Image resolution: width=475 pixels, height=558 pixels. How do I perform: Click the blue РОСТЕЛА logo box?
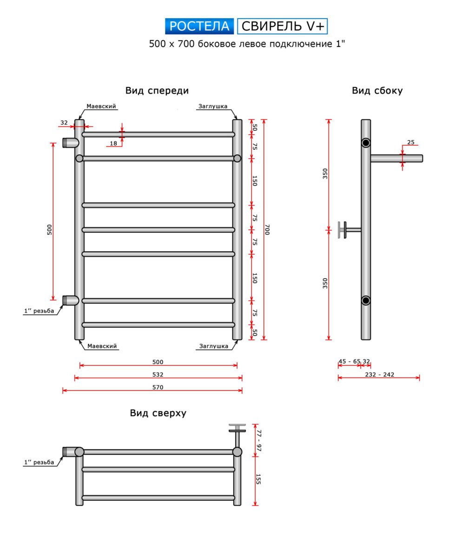point(199,27)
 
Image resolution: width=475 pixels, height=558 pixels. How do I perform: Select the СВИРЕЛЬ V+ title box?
point(283,27)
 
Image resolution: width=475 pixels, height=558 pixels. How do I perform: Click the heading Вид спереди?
point(157,91)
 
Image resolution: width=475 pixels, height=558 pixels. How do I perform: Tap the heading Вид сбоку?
point(377,91)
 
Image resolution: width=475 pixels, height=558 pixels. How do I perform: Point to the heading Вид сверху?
point(158,413)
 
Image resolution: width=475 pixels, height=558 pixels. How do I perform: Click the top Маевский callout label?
point(101,106)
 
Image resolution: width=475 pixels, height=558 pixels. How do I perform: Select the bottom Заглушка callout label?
point(213,346)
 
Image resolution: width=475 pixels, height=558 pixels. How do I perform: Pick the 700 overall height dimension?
point(267,230)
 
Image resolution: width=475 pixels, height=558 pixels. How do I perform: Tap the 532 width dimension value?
point(158,374)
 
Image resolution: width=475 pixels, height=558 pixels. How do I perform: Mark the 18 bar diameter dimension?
point(113,143)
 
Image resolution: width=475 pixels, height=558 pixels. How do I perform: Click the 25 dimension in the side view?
point(410,142)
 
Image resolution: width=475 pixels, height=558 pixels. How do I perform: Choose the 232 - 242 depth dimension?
point(380,374)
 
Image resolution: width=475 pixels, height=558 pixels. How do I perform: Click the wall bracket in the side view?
point(344,230)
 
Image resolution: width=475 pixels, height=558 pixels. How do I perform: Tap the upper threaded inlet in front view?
point(70,142)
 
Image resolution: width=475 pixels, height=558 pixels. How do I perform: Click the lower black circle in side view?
point(366,300)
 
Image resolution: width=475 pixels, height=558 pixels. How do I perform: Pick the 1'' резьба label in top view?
point(39,462)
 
